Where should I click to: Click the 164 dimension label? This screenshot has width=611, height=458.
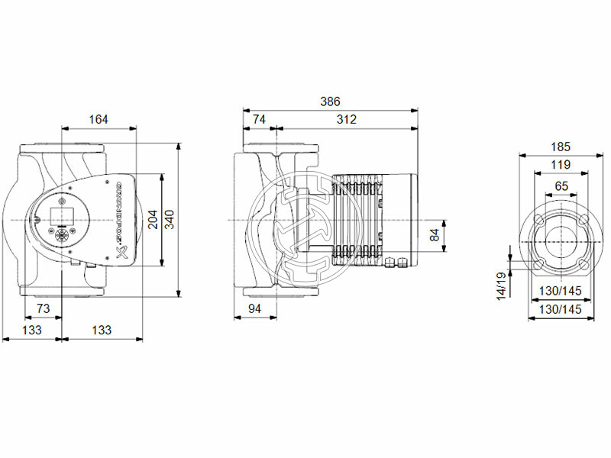click(x=99, y=119)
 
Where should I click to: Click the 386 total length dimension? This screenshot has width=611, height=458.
click(x=330, y=102)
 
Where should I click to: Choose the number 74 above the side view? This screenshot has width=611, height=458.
click(x=260, y=119)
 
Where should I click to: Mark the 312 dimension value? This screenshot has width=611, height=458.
click(x=346, y=119)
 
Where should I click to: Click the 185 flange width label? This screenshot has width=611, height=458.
click(x=561, y=146)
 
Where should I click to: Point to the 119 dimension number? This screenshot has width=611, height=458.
click(x=561, y=165)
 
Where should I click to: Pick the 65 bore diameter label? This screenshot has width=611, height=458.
click(x=561, y=185)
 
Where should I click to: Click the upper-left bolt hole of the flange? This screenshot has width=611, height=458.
click(x=538, y=220)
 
